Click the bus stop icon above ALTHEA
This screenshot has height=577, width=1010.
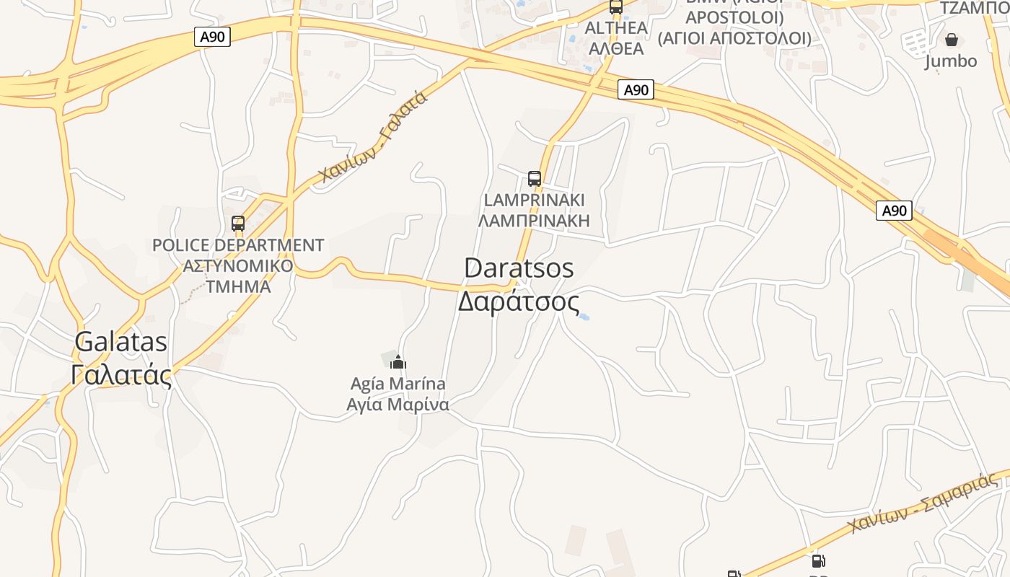click(x=615, y=6)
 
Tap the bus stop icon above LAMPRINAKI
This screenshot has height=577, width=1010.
click(x=535, y=178)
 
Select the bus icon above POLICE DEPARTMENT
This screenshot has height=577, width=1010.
click(x=238, y=224)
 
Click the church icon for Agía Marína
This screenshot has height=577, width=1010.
click(x=398, y=362)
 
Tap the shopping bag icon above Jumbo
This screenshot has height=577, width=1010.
click(x=952, y=40)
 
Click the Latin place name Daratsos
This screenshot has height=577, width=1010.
click(x=519, y=268)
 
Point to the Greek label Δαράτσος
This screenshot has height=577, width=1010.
click(x=518, y=301)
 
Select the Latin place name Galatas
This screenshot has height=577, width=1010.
click(x=121, y=342)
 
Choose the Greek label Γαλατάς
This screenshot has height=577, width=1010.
click(x=121, y=375)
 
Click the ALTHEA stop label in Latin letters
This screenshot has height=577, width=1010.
click(x=616, y=28)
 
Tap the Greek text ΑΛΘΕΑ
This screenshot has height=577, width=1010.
click(x=616, y=48)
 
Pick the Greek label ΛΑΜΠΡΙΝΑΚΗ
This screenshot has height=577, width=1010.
click(x=534, y=220)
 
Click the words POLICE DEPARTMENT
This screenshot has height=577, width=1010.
click(x=238, y=245)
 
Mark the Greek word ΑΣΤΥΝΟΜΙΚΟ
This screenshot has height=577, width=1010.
click(x=238, y=265)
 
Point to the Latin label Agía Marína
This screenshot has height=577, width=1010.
click(x=398, y=384)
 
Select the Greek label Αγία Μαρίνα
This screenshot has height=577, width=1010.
click(x=398, y=405)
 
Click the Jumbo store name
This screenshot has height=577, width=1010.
click(x=951, y=61)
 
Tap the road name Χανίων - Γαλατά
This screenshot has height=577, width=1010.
click(x=374, y=137)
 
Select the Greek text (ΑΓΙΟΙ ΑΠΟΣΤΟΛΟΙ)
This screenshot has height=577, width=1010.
click(x=734, y=38)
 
